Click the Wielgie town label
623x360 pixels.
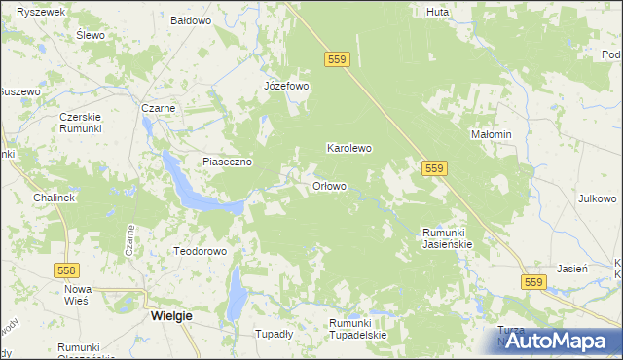pos(171,316)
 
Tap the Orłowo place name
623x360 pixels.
pos(329,186)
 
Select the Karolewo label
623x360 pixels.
pos(348,149)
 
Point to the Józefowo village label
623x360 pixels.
pos(286,86)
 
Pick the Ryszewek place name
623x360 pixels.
pos(34,11)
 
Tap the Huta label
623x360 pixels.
pos(437,13)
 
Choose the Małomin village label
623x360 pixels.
pos(491,134)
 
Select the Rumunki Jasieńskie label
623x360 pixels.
pos(447,238)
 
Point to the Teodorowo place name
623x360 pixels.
pos(200,251)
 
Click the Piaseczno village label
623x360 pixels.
pos(228,162)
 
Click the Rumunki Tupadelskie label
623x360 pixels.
pos(357,329)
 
